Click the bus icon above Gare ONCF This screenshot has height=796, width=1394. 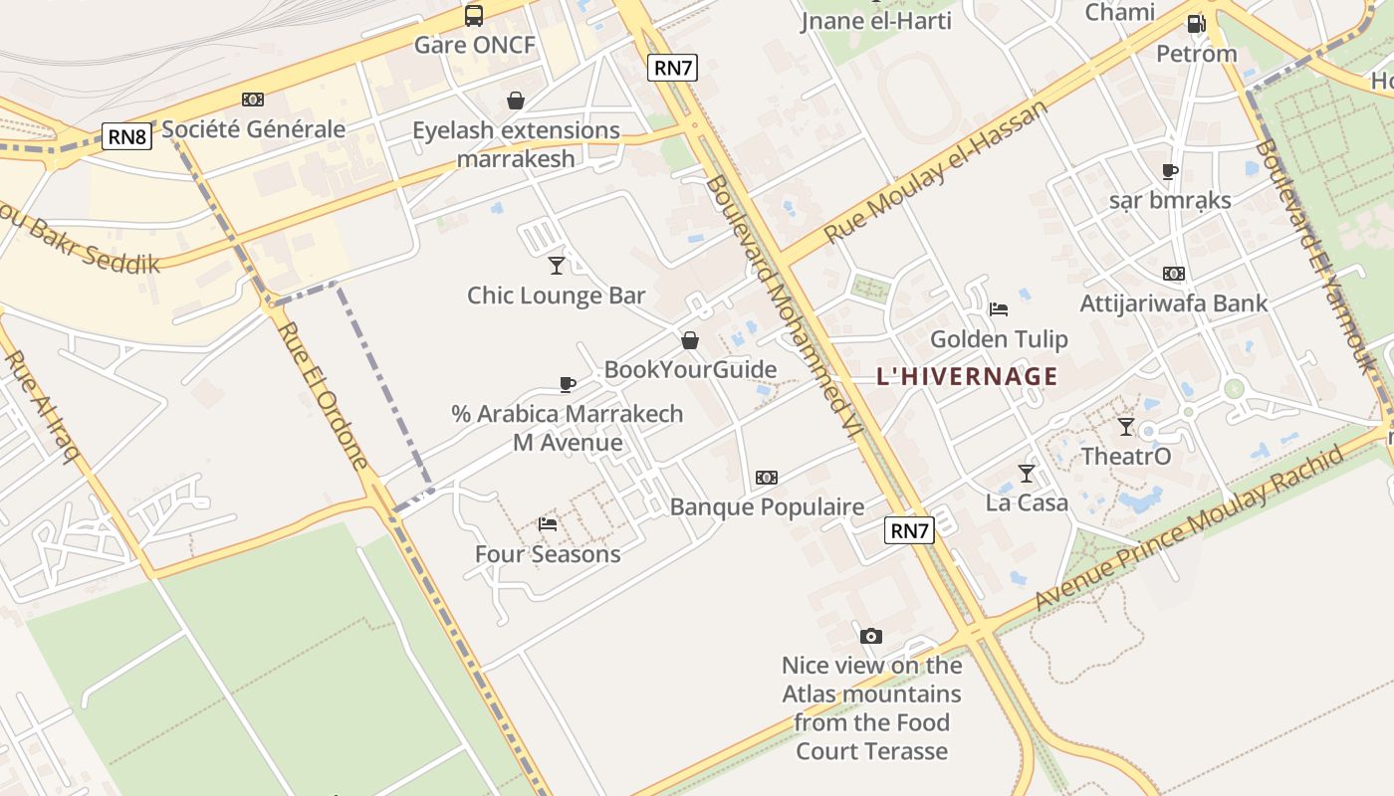point(474,16)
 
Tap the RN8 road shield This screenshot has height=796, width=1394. point(127,136)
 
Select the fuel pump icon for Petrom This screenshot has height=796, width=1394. point(1196,24)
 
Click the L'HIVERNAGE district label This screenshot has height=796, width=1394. point(967,376)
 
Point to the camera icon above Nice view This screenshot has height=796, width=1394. point(871,636)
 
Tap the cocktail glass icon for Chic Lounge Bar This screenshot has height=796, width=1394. point(557,265)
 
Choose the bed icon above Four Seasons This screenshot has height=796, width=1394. point(548,523)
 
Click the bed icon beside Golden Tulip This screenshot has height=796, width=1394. point(999,308)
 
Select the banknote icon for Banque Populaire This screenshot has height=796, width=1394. point(767,478)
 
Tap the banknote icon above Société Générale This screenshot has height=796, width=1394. point(253,99)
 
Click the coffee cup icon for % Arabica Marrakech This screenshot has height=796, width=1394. point(568,384)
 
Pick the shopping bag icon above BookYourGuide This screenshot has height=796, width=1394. point(690,341)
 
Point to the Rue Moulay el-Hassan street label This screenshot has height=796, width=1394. point(937,170)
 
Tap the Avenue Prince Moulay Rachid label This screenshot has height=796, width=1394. point(1189,527)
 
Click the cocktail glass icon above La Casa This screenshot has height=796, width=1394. point(1027,473)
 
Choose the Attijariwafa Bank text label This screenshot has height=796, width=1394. point(1174,303)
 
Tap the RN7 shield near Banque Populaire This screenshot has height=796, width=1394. point(909,530)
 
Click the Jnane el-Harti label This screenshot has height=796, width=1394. point(876,20)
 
